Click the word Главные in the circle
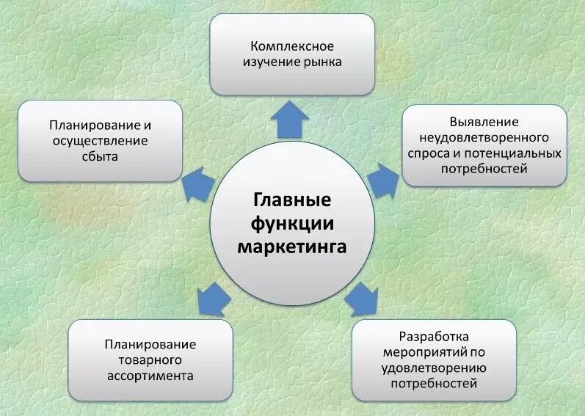pos(292,200)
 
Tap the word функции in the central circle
pos(292,222)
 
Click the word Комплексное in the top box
pos(292,45)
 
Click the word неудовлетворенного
pos(484,137)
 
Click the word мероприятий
pos(426,352)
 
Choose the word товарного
pos(150,360)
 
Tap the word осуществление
pos(100,140)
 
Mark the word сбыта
pos(100,156)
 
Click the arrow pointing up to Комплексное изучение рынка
pos(292,117)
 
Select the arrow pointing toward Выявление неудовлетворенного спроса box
pos(382,179)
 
